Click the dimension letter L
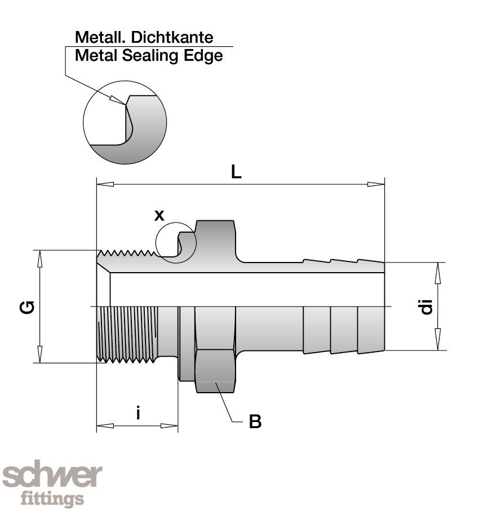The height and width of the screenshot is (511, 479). click(x=236, y=172)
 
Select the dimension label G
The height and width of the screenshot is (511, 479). click(x=29, y=306)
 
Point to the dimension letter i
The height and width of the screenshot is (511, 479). click(x=138, y=413)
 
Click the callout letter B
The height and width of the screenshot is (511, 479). click(x=255, y=421)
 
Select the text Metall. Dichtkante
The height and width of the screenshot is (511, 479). click(x=144, y=38)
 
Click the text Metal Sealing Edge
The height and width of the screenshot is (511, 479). click(x=149, y=55)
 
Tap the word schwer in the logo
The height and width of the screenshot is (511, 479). click(x=52, y=477)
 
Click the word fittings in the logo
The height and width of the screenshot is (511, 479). click(x=52, y=499)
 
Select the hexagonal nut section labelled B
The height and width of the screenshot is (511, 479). click(x=215, y=371)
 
